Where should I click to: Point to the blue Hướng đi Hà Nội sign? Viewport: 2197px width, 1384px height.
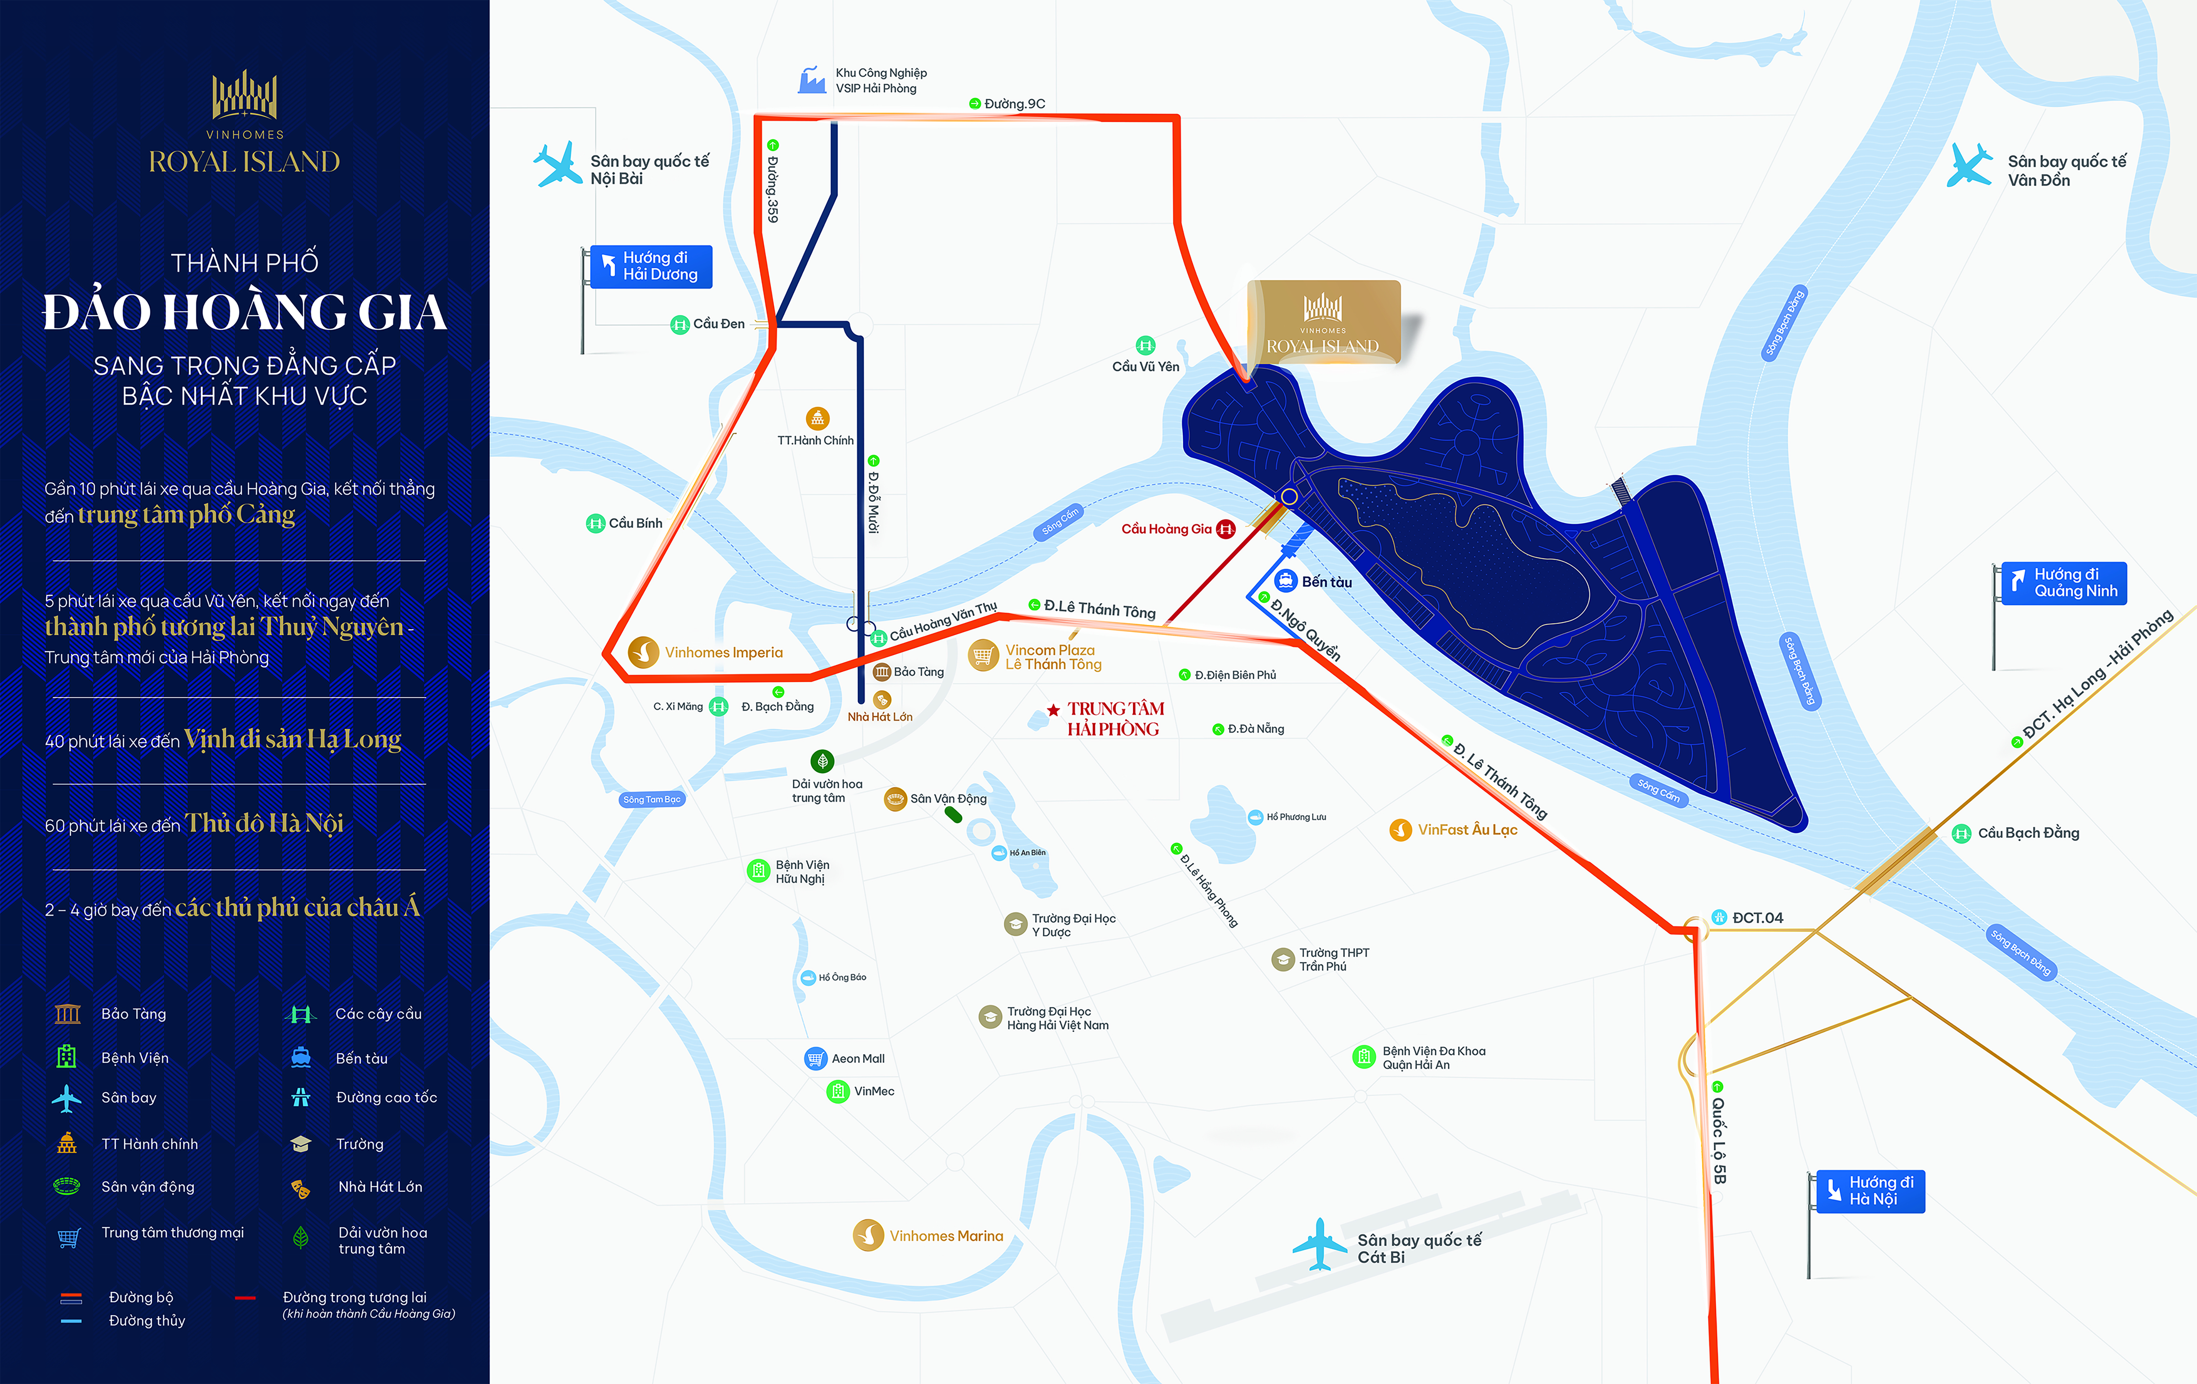[1870, 1191]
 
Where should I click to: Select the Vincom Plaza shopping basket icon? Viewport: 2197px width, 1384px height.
[983, 655]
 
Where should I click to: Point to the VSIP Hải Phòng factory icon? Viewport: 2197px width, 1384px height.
[811, 80]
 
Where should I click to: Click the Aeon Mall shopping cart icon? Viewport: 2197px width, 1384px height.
[816, 1058]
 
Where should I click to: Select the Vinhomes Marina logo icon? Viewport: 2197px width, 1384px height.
[868, 1235]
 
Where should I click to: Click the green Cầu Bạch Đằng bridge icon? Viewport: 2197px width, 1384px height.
[1961, 833]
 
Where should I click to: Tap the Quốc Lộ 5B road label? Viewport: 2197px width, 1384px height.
[1719, 1140]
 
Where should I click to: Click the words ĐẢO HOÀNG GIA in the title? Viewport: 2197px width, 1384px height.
[245, 312]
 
